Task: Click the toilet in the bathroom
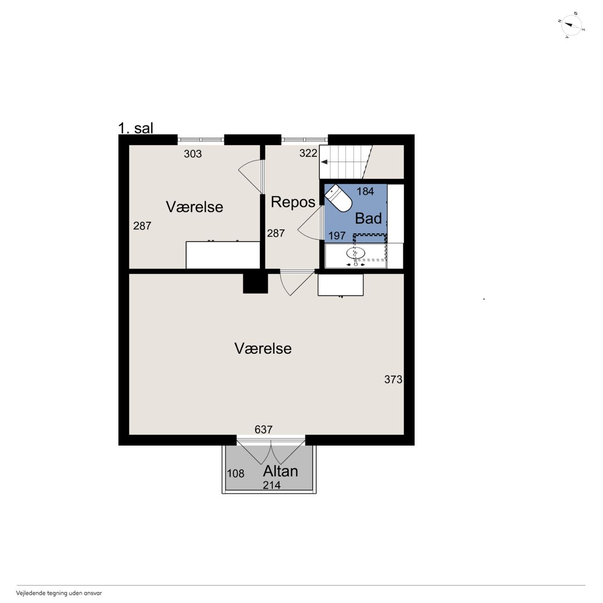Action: coord(338,198)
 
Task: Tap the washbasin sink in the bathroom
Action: coord(356,253)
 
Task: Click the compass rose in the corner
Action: coord(571,25)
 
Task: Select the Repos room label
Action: coord(293,202)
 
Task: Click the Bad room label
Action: coord(368,218)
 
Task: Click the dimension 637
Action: coord(263,429)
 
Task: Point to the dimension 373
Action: coord(393,379)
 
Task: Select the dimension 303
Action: coord(193,154)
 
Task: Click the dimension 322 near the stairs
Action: coord(308,153)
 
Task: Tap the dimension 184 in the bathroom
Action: coord(365,192)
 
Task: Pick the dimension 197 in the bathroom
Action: coord(337,236)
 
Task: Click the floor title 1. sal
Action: coord(136,128)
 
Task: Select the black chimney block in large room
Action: coord(255,283)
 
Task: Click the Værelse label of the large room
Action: coord(263,348)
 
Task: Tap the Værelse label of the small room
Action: coord(194,207)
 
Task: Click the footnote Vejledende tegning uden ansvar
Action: coord(59,593)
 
